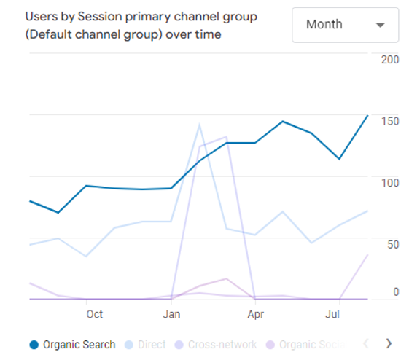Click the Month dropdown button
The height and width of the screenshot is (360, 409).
(x=345, y=25)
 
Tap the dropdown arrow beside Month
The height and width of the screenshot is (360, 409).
(x=380, y=26)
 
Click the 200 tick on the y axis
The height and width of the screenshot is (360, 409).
(x=390, y=59)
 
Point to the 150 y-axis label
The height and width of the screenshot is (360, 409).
(x=390, y=120)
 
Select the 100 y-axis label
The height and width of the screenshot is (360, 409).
(x=390, y=182)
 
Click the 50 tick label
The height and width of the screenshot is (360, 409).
(x=392, y=244)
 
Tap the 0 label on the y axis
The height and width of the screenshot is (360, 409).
(x=396, y=291)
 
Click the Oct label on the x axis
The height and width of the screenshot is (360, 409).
(x=94, y=314)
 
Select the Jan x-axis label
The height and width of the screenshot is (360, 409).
(x=171, y=314)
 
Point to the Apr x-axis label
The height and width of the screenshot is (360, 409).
(x=255, y=314)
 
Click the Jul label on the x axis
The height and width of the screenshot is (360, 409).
(x=332, y=314)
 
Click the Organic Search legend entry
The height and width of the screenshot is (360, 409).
(x=79, y=344)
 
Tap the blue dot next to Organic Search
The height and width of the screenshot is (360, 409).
(x=34, y=344)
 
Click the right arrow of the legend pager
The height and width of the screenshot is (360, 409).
(x=389, y=343)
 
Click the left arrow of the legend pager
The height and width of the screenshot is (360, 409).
(x=367, y=343)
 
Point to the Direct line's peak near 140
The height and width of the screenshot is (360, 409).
(x=199, y=125)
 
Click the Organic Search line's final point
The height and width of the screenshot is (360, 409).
(x=367, y=115)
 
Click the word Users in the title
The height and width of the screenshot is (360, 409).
(x=41, y=16)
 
